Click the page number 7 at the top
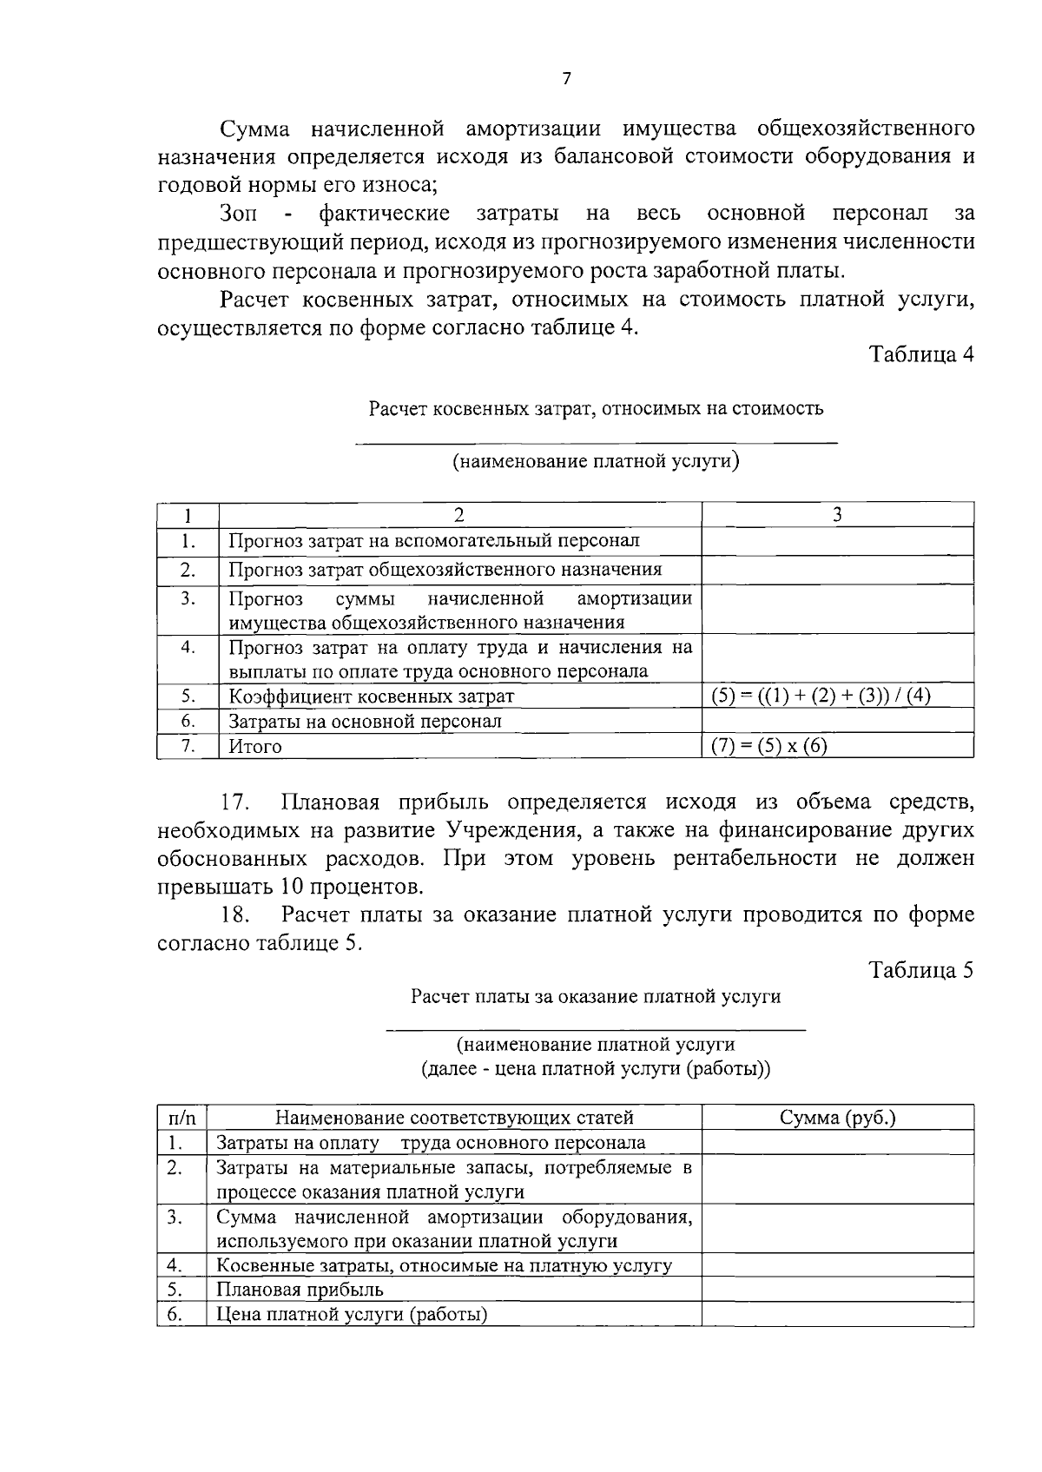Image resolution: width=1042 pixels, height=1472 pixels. pos(567,80)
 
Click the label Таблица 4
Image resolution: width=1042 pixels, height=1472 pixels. pos(921,355)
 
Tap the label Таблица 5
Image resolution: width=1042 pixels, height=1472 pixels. pos(921,970)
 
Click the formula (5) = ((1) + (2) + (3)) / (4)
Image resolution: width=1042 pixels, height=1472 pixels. pos(821,696)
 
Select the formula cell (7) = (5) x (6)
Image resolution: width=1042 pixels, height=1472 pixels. pos(769,746)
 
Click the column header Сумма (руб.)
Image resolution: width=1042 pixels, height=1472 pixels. pos(837,1118)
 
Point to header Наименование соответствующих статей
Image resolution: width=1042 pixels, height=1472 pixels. pos(454,1118)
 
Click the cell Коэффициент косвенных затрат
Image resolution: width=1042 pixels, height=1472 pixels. pos(371,696)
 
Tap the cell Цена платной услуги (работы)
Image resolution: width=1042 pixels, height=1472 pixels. pos(352,1315)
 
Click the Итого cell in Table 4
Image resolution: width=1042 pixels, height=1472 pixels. pos(255,747)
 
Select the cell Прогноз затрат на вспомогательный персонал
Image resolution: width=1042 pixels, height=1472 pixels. pos(434,541)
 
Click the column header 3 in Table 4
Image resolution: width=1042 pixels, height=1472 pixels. pos(837,515)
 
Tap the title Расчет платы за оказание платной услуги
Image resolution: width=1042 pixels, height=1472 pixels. pos(596,996)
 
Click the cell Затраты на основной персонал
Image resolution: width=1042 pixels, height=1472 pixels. pos(365,722)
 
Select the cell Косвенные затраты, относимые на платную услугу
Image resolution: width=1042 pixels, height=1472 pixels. pos(444,1265)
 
